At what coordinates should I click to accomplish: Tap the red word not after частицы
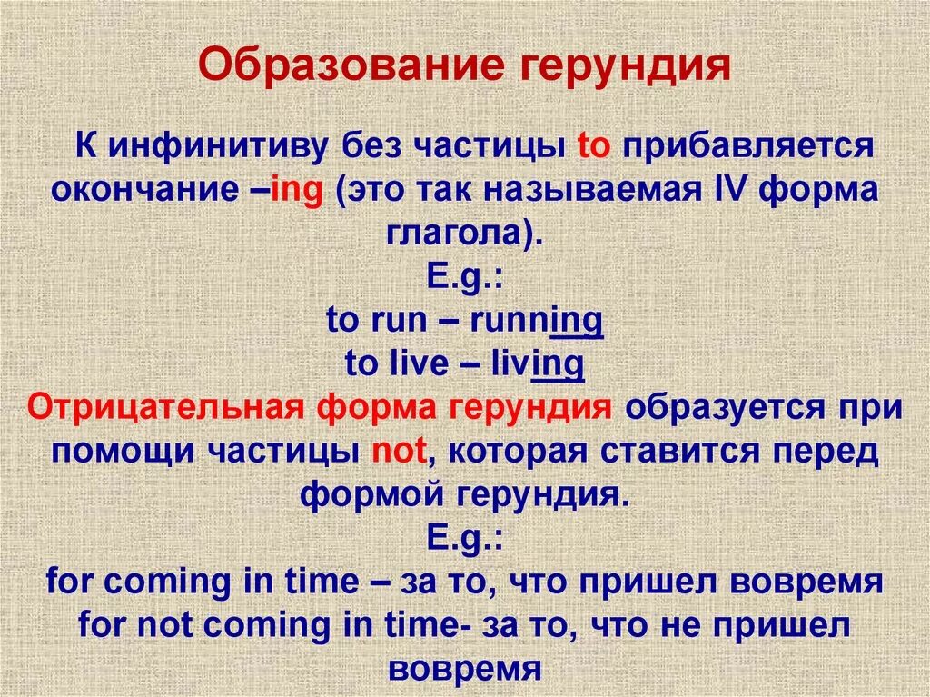coord(400,451)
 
